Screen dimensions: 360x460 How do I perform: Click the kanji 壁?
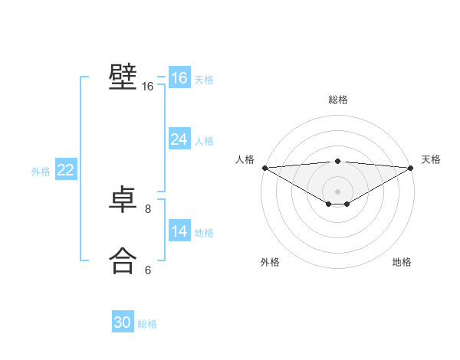[x=123, y=77]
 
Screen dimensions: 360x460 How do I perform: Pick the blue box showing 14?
[x=179, y=231]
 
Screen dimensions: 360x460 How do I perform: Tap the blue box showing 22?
[x=66, y=170]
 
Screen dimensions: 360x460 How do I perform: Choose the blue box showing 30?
[x=123, y=322]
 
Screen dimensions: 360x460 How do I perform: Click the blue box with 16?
[x=179, y=78]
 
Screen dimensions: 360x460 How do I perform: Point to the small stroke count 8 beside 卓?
[x=148, y=208]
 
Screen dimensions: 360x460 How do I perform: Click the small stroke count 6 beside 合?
[x=148, y=270]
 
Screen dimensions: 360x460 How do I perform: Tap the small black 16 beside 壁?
[x=148, y=87]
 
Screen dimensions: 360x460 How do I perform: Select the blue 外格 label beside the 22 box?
[x=41, y=172]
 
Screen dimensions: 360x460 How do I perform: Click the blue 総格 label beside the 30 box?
[x=147, y=324]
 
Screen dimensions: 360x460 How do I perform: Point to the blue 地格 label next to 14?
[x=204, y=233]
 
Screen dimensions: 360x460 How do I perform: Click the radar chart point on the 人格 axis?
[x=264, y=168]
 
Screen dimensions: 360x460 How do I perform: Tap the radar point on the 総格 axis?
[x=337, y=161]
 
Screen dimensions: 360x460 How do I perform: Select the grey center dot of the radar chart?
[x=337, y=191]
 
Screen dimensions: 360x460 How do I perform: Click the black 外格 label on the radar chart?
[x=270, y=262]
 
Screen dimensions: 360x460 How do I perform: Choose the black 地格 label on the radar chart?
[x=402, y=262]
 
